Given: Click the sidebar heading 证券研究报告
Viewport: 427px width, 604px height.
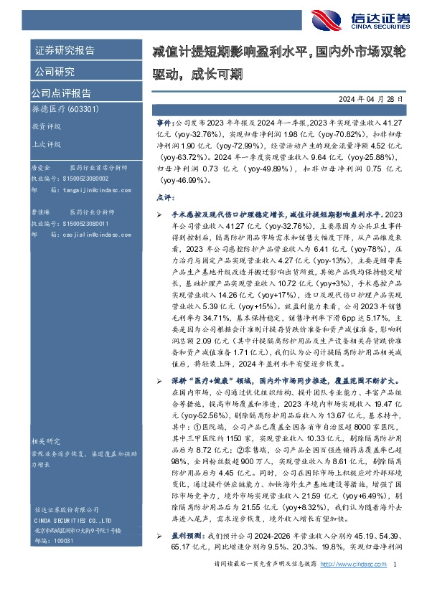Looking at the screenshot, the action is point(65,51).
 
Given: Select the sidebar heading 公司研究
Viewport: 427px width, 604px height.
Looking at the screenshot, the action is point(55,72).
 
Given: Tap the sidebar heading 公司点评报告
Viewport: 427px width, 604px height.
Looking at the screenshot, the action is point(60,93).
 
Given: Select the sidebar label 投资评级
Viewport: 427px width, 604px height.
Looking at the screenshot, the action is point(44,126).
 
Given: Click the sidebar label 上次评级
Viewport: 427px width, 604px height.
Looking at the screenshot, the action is point(44,143).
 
